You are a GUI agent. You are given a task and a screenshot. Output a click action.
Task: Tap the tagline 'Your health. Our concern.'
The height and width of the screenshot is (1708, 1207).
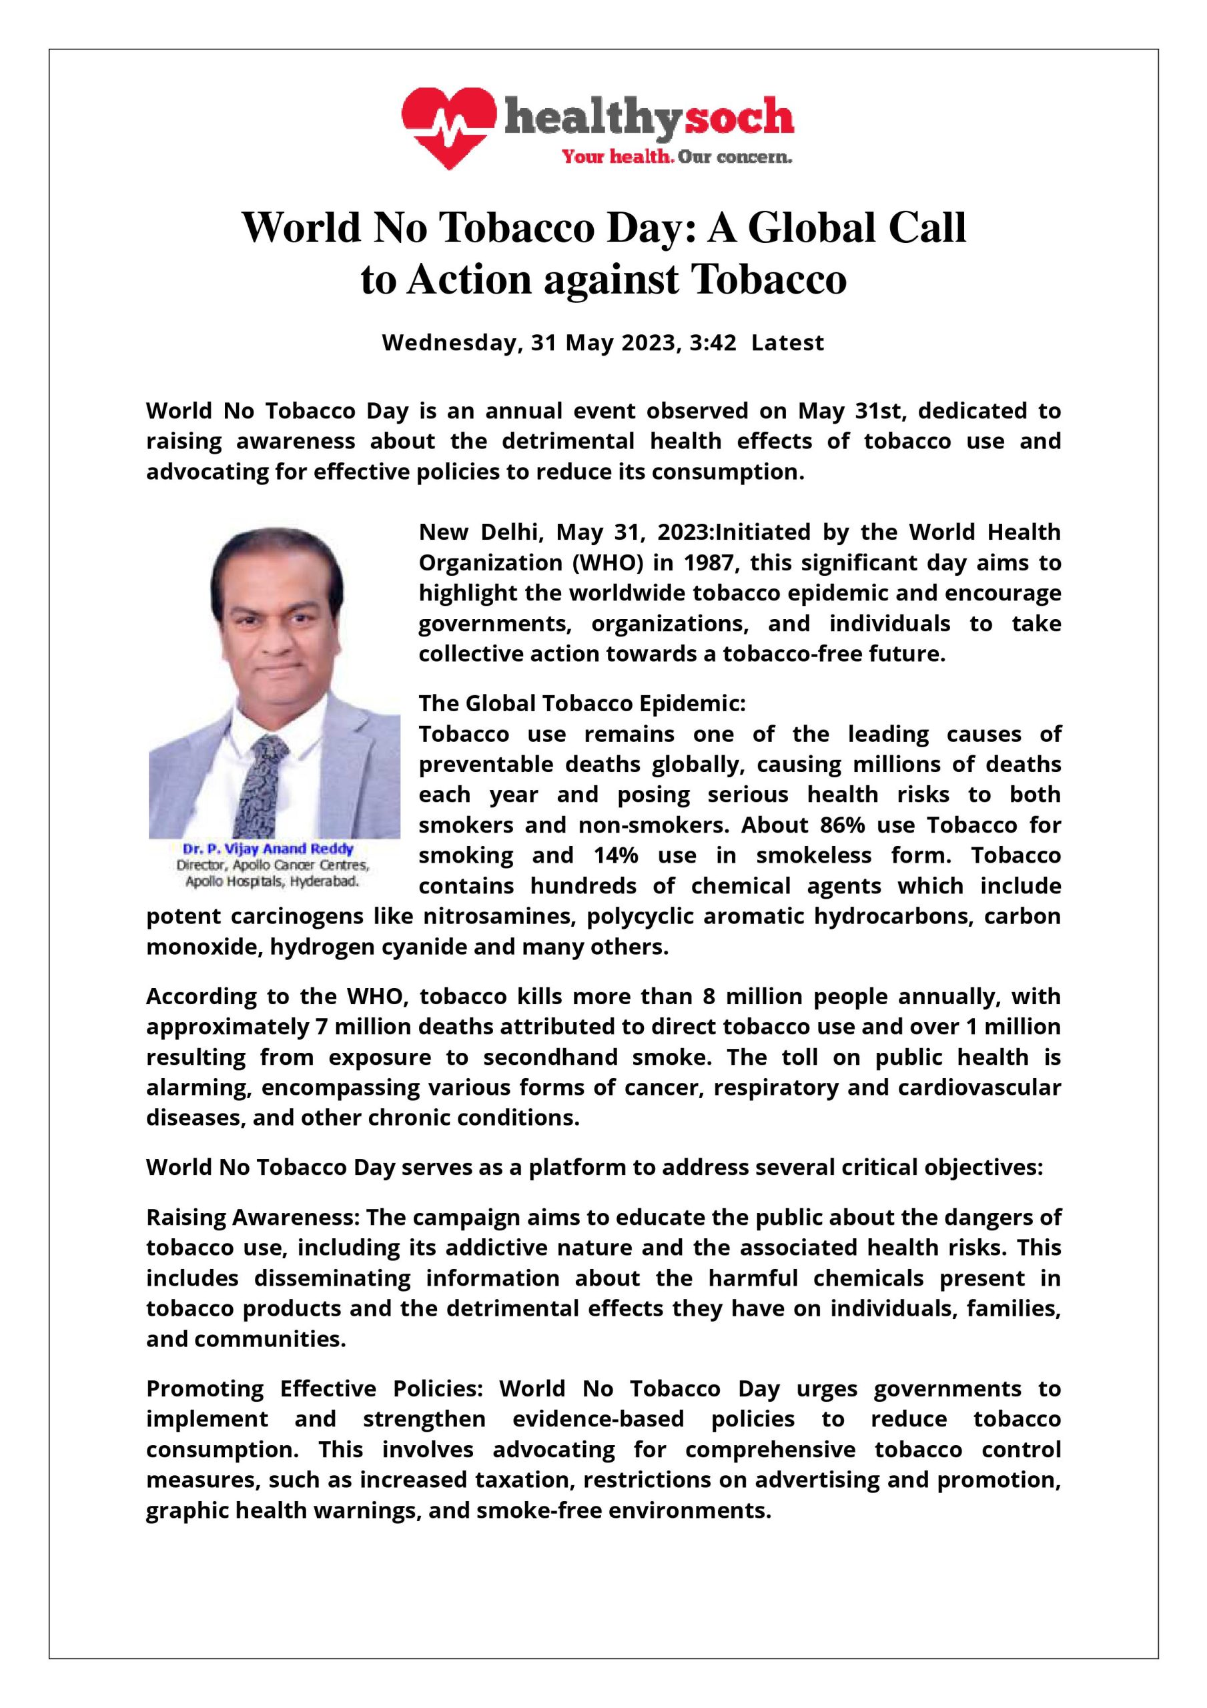[676, 157]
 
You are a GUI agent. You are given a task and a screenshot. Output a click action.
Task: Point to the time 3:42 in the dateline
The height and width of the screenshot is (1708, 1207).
[713, 343]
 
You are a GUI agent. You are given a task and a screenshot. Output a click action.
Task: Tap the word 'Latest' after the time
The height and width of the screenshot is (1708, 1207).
[787, 343]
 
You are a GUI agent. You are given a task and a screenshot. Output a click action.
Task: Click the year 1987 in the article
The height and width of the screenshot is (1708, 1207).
[709, 563]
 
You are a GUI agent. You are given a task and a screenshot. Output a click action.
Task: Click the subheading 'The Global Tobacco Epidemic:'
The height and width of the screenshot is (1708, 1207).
[582, 703]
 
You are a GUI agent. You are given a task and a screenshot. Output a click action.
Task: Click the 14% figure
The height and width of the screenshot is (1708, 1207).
[615, 855]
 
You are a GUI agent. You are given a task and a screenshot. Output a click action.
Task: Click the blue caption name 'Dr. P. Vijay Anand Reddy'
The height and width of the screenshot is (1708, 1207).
[269, 849]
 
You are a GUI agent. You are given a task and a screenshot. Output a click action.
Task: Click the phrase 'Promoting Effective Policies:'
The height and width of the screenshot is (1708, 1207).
[316, 1389]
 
